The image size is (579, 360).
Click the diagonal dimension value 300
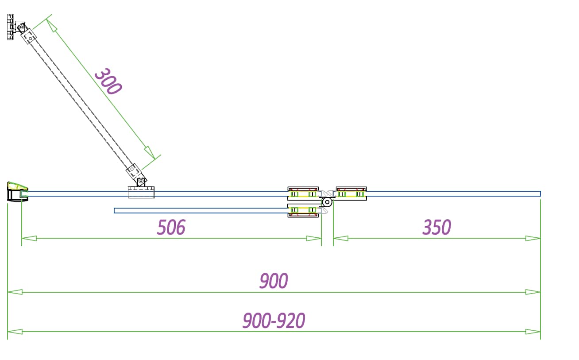click(108, 81)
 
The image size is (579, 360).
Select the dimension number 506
click(171, 227)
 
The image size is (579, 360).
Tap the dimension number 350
click(436, 227)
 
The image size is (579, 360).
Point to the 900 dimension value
click(274, 281)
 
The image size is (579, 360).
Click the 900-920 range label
click(274, 321)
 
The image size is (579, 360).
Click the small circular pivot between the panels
click(327, 202)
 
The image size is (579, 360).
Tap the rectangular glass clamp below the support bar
click(141, 192)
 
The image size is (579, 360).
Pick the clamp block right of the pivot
click(351, 194)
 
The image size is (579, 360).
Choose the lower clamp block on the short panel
click(303, 210)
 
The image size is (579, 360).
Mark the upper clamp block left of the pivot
click(303, 194)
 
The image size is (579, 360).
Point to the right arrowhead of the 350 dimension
click(533, 238)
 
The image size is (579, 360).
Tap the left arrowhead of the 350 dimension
click(340, 238)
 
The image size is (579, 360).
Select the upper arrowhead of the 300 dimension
click(51, 26)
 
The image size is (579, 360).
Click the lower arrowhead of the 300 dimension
click(150, 152)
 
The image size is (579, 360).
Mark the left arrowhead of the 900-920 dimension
click(15, 331)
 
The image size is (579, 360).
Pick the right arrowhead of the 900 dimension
click(533, 292)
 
